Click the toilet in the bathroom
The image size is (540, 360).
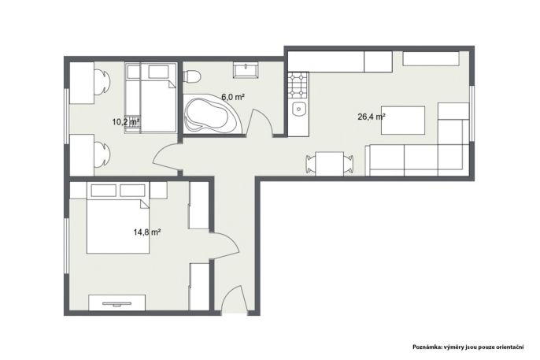point(192,76)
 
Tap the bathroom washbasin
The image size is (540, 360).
point(246,70)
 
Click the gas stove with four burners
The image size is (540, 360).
point(298,85)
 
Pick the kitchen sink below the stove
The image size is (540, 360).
point(298,110)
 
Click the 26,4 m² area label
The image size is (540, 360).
point(372,117)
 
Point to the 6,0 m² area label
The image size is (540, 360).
point(233,97)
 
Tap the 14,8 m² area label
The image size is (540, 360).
point(147,232)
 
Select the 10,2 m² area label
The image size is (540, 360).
point(126,121)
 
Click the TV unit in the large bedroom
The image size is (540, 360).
point(117,302)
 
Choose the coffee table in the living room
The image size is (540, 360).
point(403,121)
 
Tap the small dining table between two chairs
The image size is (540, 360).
point(329,164)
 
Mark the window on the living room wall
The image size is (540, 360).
point(472,113)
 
